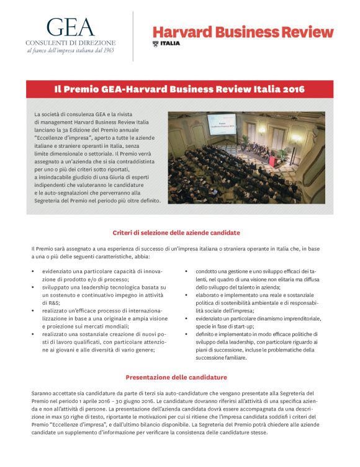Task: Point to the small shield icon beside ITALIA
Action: [155, 43]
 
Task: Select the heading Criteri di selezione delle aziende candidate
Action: [176, 232]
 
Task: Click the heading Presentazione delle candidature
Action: [176, 377]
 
